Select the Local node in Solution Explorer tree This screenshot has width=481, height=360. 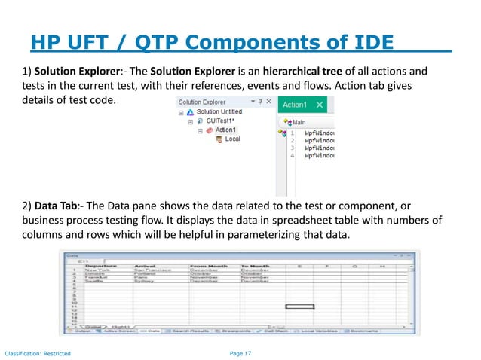tap(233, 139)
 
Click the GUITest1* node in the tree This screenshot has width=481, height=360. tap(222, 121)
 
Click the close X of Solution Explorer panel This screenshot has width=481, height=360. tap(268, 100)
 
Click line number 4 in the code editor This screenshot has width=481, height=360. tap(293, 157)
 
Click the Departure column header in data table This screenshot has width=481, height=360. tap(100, 265)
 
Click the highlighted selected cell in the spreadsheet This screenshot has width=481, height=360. tap(299, 307)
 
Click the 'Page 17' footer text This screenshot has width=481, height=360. tap(240, 353)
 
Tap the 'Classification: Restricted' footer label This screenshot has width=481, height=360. tap(38, 353)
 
